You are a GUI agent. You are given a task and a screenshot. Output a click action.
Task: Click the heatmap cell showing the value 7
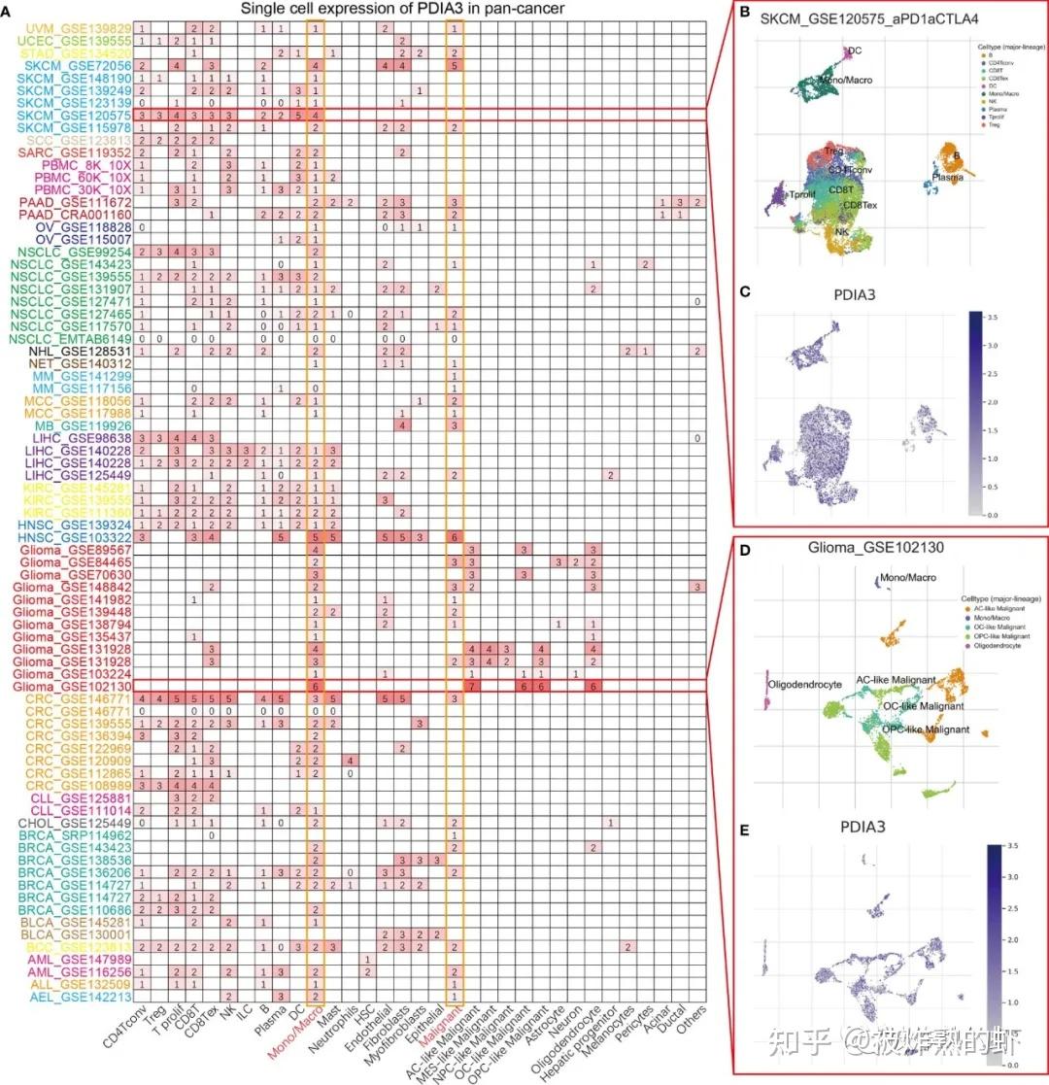point(472,686)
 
